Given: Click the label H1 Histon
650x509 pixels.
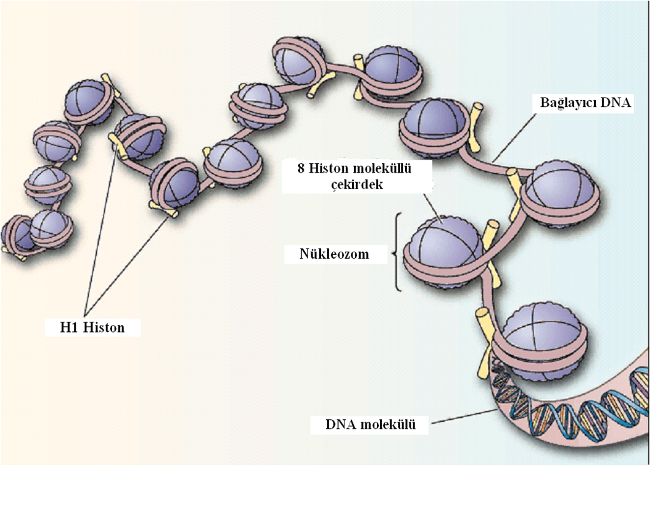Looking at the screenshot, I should tap(93, 327).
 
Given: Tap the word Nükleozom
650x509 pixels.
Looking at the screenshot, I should tap(335, 255).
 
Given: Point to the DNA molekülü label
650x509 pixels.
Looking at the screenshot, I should tap(369, 424).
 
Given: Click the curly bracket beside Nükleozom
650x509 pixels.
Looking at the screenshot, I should tap(397, 252).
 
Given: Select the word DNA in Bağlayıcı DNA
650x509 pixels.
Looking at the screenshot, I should tap(618, 103).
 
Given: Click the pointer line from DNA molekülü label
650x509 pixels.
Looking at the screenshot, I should tap(462, 417).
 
